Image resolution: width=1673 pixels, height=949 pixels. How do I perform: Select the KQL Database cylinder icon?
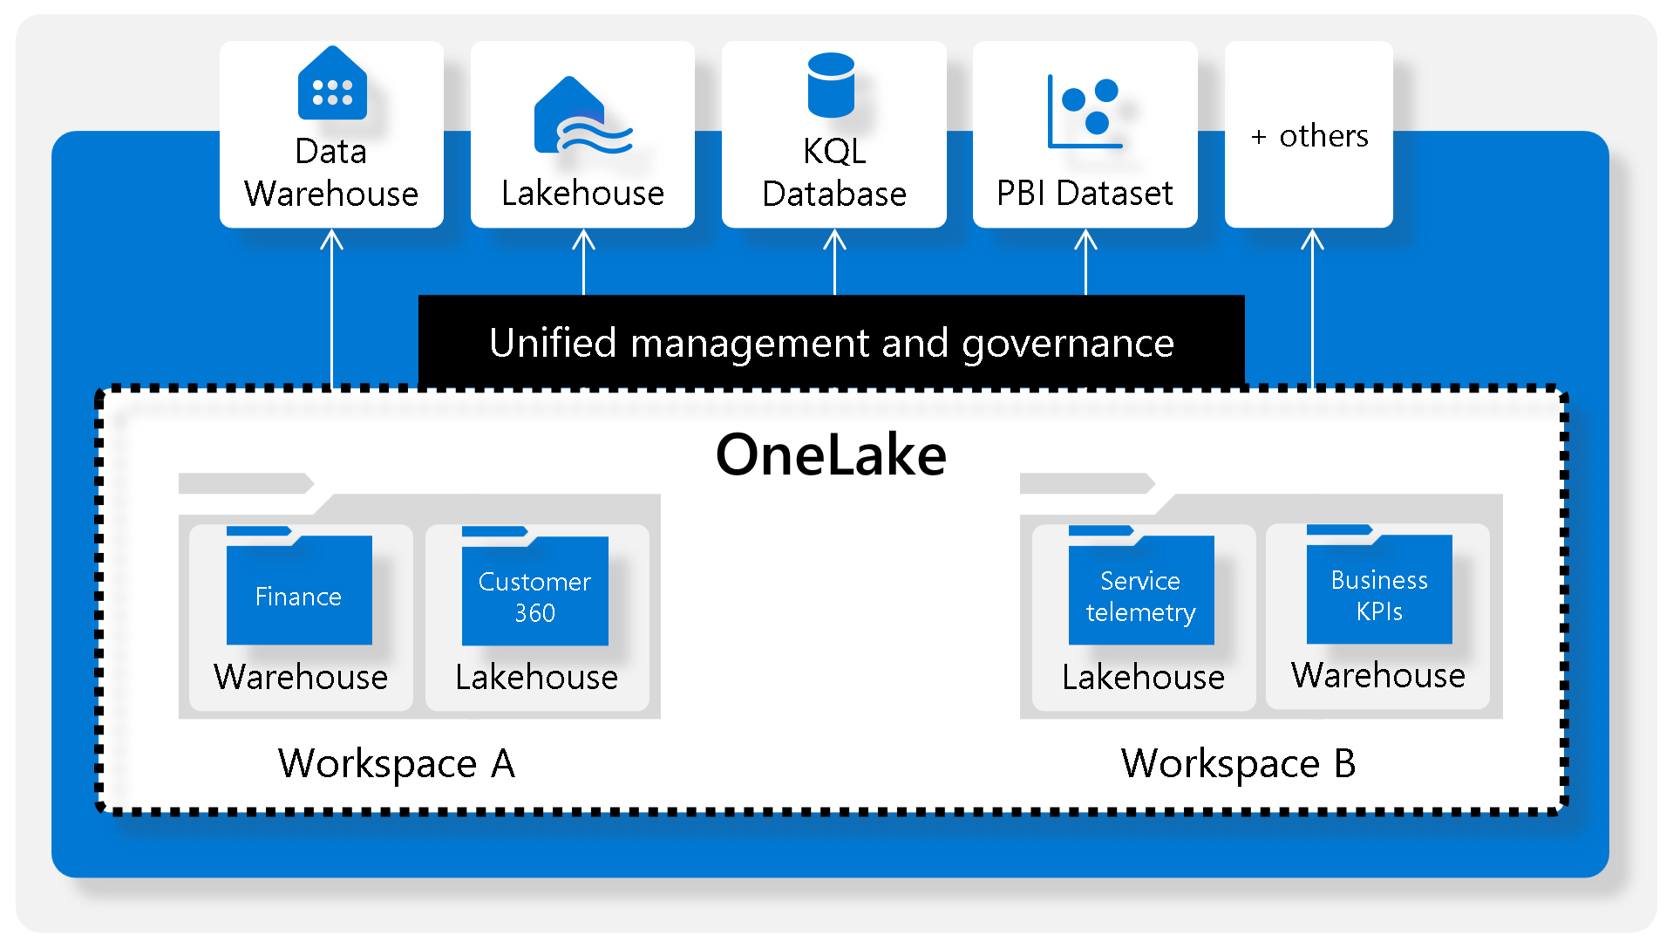[831, 85]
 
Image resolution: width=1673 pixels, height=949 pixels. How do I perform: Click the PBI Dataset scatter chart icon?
[1084, 112]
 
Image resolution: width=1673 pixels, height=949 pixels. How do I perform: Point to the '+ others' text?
[1309, 136]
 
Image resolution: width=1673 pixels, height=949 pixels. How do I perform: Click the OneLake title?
[831, 455]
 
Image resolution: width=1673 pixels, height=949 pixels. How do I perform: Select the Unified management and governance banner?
[831, 343]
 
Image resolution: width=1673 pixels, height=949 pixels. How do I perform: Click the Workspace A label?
[397, 764]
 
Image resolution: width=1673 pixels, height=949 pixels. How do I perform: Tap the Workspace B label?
[1238, 764]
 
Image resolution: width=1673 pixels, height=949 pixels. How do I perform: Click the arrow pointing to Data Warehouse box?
[331, 305]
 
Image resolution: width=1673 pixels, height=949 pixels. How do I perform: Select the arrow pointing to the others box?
[1312, 305]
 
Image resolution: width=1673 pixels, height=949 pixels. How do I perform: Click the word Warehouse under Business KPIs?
[1378, 676]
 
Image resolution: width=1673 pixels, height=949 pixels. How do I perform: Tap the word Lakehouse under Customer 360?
[536, 678]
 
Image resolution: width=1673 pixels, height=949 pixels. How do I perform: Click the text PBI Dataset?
[1085, 194]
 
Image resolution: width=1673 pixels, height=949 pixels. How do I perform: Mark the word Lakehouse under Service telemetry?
[1143, 678]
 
